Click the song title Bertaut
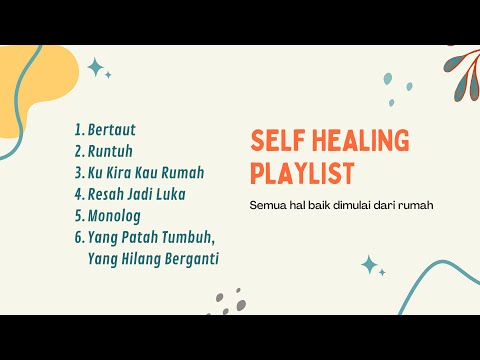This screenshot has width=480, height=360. tap(112, 130)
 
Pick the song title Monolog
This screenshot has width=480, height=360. tap(115, 215)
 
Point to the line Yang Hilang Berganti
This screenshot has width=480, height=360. tap(154, 258)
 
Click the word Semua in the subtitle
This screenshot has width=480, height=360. tap(269, 206)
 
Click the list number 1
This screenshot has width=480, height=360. tap(78, 130)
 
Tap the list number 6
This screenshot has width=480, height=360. tap(78, 237)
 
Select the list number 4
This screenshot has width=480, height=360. tap(78, 193)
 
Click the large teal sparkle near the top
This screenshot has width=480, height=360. tap(96, 67)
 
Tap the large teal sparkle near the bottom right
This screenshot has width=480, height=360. tap(369, 265)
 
